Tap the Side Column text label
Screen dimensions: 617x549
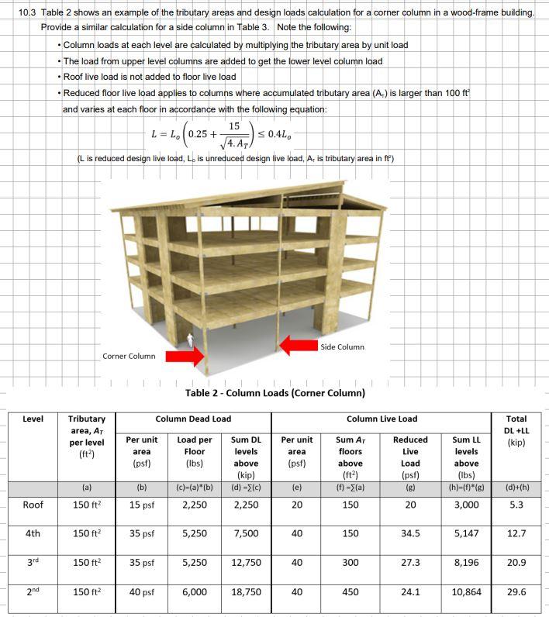tap(341, 346)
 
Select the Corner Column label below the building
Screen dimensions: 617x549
tap(129, 356)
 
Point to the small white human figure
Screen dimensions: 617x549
tap(191, 340)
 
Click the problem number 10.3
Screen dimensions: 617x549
tap(27, 13)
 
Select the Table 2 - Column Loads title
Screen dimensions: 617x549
tap(274, 393)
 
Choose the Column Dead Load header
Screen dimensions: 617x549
tap(193, 419)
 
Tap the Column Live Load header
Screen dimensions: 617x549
tap(382, 419)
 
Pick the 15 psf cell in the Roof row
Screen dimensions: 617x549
tap(141, 505)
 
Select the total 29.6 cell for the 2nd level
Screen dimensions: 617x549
tap(516, 591)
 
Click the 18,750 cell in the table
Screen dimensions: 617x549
tap(246, 591)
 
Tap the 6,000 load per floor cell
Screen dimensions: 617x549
tap(194, 591)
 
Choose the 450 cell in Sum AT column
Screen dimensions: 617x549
tap(350, 591)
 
